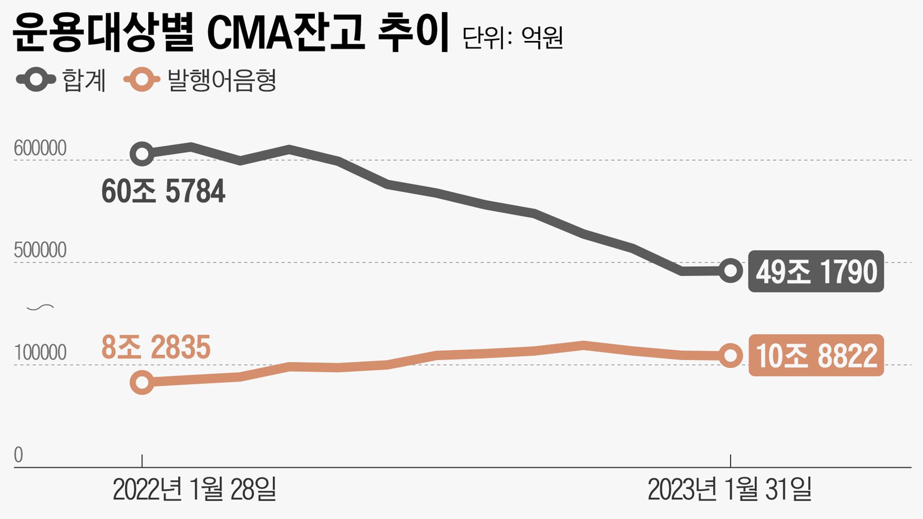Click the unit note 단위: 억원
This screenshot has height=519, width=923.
512,37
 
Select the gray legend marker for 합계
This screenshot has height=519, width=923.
36,79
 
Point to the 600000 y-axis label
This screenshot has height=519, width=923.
40,148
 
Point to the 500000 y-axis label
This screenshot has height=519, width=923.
40,250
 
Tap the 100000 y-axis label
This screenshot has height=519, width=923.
40,353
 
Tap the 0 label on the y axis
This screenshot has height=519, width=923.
18,455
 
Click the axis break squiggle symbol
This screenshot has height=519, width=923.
40,308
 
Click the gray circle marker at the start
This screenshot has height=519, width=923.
142,153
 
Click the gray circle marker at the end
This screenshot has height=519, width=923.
731,270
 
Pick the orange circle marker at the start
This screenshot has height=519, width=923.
142,382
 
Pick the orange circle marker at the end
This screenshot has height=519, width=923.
731,355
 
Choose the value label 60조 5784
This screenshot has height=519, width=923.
163,191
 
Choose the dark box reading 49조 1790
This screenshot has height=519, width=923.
816,271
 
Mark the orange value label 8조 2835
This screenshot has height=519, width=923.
156,347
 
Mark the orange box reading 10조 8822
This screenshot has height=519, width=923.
816,355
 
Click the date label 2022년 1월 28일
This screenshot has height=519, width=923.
194,489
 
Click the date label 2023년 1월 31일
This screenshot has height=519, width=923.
730,489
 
